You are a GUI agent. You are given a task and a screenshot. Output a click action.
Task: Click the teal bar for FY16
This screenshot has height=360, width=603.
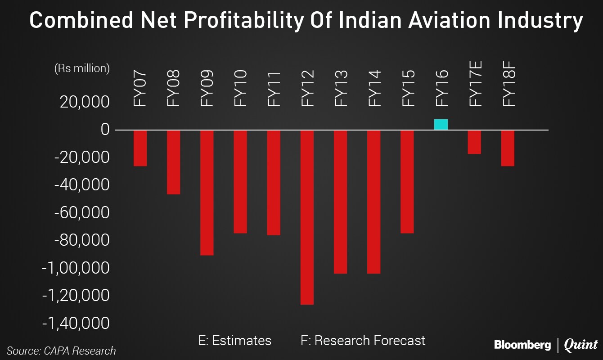tap(441, 125)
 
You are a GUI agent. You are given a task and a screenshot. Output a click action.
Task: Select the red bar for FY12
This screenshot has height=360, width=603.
tap(307, 217)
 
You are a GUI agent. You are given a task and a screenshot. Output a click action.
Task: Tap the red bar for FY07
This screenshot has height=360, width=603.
tap(140, 148)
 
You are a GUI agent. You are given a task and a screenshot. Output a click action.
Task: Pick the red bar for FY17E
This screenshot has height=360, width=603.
tap(474, 142)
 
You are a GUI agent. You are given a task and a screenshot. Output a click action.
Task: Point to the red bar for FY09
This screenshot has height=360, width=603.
tap(207, 193)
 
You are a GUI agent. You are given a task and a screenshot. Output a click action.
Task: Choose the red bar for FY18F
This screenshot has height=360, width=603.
tap(508, 148)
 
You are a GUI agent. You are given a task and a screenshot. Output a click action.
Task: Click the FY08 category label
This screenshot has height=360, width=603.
tap(173, 88)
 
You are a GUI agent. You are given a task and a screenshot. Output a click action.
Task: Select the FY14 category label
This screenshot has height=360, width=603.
tap(374, 88)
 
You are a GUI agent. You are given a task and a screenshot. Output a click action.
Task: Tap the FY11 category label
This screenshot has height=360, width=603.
tap(274, 88)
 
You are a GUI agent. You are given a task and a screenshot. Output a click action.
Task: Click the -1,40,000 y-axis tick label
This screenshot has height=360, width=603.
tap(76, 323)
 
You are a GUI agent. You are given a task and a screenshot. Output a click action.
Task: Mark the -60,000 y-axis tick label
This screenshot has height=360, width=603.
tap(82, 212)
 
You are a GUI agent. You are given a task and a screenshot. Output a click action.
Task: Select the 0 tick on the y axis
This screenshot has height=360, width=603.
tap(105, 130)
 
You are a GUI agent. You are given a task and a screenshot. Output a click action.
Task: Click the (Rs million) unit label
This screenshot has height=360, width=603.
tap(82, 68)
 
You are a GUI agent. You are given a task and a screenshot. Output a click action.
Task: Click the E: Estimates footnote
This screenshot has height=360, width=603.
tap(234, 341)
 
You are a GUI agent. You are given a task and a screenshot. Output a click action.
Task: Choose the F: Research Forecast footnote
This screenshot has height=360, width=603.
tap(363, 341)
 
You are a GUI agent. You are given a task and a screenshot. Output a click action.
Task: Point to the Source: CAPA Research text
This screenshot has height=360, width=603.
tap(61, 351)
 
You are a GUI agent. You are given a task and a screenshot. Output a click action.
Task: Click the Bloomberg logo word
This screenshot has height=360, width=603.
tap(522, 345)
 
